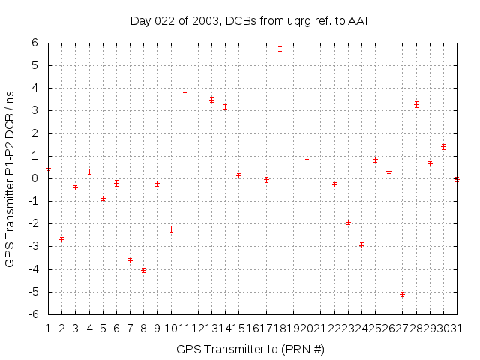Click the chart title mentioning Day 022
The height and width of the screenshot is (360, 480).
pyautogui.click(x=250, y=20)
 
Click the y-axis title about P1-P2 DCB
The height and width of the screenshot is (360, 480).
pyautogui.click(x=10, y=178)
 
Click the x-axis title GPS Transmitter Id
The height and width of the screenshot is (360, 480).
pyautogui.click(x=250, y=349)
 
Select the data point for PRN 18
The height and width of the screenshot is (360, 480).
pyautogui.click(x=280, y=48)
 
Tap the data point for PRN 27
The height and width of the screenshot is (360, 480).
pyautogui.click(x=403, y=294)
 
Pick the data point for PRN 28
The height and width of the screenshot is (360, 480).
pyautogui.click(x=416, y=104)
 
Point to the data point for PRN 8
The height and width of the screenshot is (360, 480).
pyautogui.click(x=143, y=270)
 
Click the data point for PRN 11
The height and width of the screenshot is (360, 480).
pyautogui.click(x=184, y=95)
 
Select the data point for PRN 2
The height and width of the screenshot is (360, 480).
pyautogui.click(x=61, y=239)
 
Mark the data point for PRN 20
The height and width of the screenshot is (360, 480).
pyautogui.click(x=307, y=157)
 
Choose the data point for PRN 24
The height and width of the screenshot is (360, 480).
pyautogui.click(x=361, y=245)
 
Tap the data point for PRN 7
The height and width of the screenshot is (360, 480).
pyautogui.click(x=130, y=260)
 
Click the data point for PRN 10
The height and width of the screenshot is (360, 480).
pyautogui.click(x=171, y=229)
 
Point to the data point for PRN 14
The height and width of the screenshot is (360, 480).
pyautogui.click(x=225, y=106)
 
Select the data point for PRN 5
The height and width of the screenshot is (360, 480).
pyautogui.click(x=103, y=199)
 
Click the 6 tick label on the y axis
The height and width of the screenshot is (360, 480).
pyautogui.click(x=34, y=43)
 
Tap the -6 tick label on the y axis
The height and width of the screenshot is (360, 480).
pyautogui.click(x=33, y=314)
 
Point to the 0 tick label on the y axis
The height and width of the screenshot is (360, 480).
pyautogui.click(x=34, y=178)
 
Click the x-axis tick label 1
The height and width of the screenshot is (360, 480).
pyautogui.click(x=48, y=328)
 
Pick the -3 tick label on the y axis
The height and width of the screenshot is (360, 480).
pyautogui.click(x=33, y=247)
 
